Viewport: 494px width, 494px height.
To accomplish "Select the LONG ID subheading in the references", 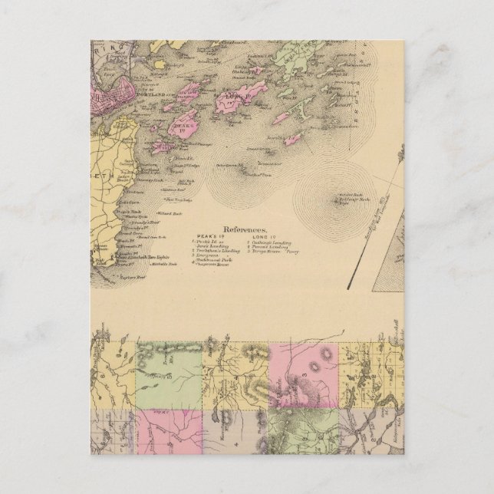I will coord(257,237).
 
